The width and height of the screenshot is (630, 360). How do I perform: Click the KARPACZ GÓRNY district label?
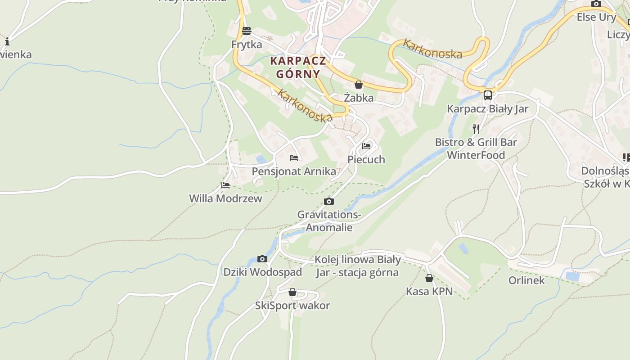click(x=298, y=67)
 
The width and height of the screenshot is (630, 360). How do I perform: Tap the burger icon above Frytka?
click(x=246, y=31)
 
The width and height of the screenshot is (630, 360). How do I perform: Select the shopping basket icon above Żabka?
click(x=359, y=85)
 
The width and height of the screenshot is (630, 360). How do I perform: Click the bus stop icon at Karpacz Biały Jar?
click(x=487, y=95)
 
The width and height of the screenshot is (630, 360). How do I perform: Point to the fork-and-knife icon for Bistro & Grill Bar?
click(x=476, y=129)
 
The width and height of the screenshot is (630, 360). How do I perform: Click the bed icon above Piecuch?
click(x=366, y=146)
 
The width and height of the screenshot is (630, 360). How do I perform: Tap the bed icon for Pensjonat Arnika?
click(x=294, y=158)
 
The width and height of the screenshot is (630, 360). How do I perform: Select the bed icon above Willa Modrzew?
click(x=225, y=185)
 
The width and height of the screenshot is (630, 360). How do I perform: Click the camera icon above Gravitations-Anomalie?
click(x=329, y=202)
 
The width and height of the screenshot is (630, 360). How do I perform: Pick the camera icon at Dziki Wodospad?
click(x=262, y=259)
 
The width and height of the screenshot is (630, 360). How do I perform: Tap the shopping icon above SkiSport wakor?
click(x=292, y=292)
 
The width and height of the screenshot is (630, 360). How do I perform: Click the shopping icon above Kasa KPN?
click(x=429, y=279)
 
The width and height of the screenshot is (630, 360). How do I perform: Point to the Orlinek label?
click(x=526, y=280)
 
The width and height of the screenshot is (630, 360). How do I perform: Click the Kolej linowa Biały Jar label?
click(x=357, y=266)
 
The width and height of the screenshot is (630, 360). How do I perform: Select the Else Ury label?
click(x=596, y=17)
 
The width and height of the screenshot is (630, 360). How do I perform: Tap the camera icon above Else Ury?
click(x=596, y=4)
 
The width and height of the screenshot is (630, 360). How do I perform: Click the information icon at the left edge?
click(x=7, y=42)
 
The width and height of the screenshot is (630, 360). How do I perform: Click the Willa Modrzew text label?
click(x=225, y=198)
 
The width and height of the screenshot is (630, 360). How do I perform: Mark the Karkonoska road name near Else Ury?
click(x=432, y=49)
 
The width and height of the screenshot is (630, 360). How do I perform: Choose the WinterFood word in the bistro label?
click(x=476, y=155)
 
